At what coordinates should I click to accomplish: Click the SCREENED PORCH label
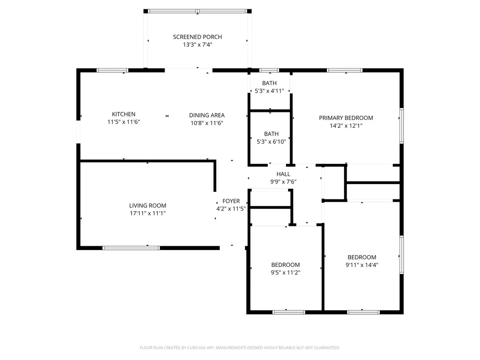coord(198,37)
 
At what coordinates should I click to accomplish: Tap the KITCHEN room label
coord(124,114)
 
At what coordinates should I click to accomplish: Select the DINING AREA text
coord(207,116)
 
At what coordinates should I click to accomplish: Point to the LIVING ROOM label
coord(148,206)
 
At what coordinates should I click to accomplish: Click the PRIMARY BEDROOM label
coord(346,118)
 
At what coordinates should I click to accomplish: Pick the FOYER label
coord(231,201)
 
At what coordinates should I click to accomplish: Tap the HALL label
coord(283,174)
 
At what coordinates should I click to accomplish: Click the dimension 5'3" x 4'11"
coord(269,91)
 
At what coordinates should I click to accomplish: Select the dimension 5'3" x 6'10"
coord(271,142)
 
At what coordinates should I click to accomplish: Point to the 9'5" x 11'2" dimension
coord(286,273)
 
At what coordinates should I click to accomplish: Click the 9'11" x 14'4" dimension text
coord(362,265)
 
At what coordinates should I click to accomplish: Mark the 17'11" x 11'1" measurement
coord(148,213)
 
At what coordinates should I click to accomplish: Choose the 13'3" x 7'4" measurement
coord(198,44)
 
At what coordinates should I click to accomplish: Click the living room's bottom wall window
coord(131,248)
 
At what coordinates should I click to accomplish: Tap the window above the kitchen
coord(112,70)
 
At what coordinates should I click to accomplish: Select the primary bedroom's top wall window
coord(345,70)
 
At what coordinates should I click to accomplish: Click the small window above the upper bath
coord(269,70)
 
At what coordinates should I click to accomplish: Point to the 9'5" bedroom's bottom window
coord(288,312)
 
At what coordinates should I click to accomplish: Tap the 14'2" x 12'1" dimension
coord(346,126)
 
